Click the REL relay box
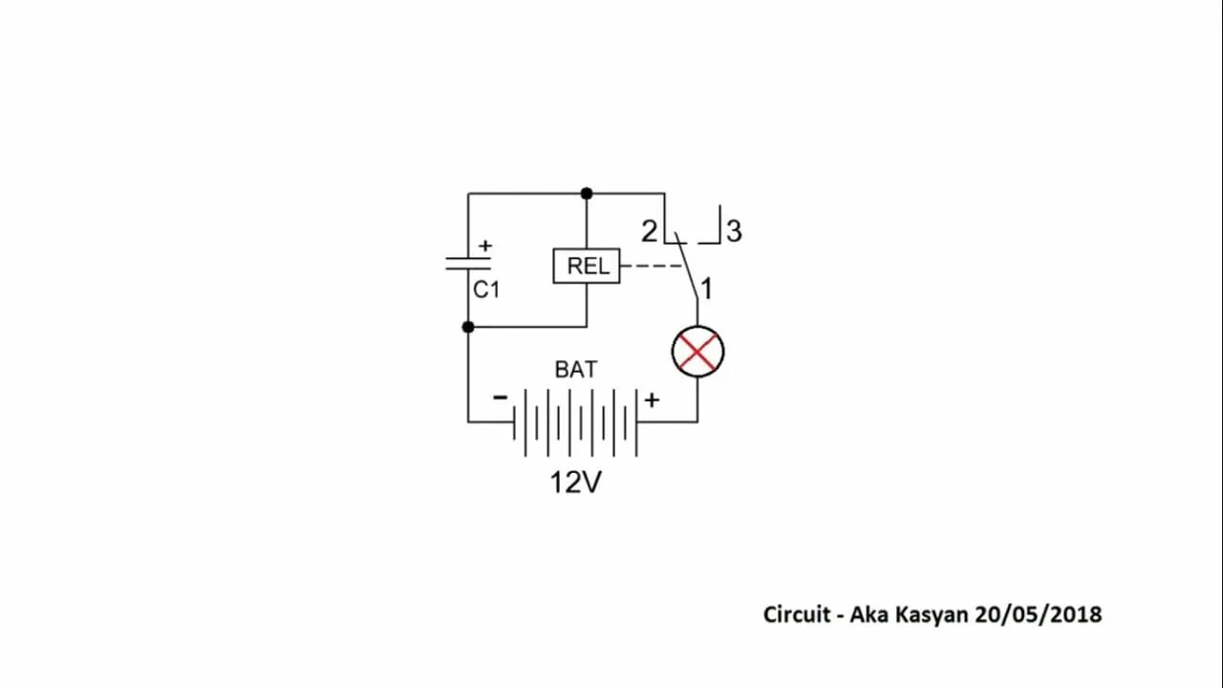point(587,266)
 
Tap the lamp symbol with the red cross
point(697,352)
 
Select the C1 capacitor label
point(486,290)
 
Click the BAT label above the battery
point(576,370)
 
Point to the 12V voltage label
point(575,483)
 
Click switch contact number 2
point(650,231)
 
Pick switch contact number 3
point(734,231)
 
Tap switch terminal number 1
point(707,288)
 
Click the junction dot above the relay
point(587,194)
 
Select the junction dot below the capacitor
point(468,327)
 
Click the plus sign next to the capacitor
point(485,246)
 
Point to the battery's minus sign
point(500,398)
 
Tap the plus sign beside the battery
point(652,400)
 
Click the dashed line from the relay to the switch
point(653,267)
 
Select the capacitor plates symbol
point(468,263)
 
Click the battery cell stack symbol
point(575,421)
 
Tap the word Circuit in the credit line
point(797,614)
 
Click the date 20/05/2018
point(1038,614)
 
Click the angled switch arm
point(687,267)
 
